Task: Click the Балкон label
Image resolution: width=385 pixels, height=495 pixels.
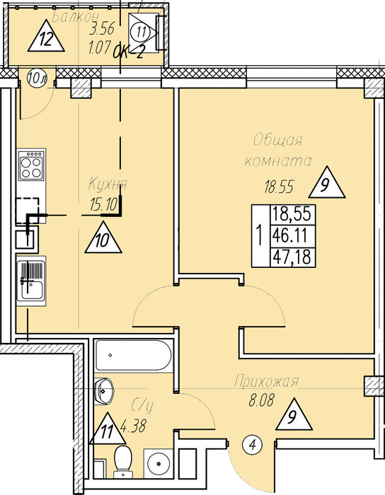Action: (x=75, y=17)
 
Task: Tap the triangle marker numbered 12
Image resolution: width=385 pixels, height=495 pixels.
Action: (x=46, y=36)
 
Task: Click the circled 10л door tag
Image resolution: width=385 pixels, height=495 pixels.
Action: (x=37, y=78)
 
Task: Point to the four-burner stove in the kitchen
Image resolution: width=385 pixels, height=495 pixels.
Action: (x=31, y=165)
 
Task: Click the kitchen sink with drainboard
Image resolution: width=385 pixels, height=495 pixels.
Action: (x=31, y=280)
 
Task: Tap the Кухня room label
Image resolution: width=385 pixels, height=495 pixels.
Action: (x=108, y=184)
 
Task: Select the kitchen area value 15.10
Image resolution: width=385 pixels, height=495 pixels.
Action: (x=103, y=204)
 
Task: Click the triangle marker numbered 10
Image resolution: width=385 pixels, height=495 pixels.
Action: (x=103, y=238)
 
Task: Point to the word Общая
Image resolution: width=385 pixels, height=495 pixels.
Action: (x=278, y=140)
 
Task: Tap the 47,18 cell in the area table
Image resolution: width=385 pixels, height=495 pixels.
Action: (x=293, y=256)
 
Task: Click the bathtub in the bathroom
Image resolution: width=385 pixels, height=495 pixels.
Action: (x=133, y=355)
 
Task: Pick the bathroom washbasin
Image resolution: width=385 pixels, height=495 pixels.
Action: (x=103, y=391)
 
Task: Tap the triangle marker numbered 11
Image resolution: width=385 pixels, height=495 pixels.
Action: (x=108, y=429)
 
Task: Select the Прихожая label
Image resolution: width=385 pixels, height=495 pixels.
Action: (x=266, y=381)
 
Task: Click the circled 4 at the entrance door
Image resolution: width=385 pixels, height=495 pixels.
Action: (x=253, y=446)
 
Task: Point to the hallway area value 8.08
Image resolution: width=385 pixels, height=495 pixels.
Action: (x=260, y=401)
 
